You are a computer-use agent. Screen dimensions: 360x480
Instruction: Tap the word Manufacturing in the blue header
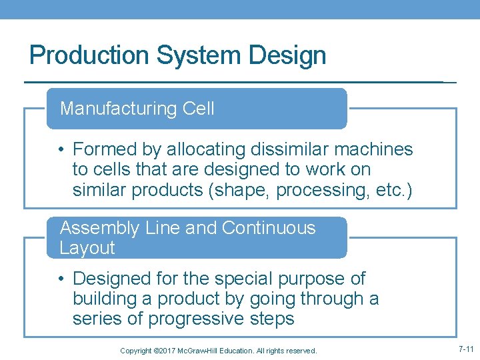pyautogui.click(x=117, y=109)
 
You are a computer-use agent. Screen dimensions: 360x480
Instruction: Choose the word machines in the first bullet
pyautogui.click(x=375, y=149)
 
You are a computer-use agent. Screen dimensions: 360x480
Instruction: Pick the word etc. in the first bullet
pyautogui.click(x=391, y=190)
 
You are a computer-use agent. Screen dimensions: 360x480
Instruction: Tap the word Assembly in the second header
pyautogui.click(x=99, y=228)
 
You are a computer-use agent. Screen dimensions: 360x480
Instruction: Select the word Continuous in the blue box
pyautogui.click(x=269, y=228)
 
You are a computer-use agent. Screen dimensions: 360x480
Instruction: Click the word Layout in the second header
pyautogui.click(x=87, y=248)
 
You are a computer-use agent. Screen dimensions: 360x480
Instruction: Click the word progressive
pyautogui.click(x=197, y=319)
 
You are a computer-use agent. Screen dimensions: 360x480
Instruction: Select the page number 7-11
pyautogui.click(x=465, y=349)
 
